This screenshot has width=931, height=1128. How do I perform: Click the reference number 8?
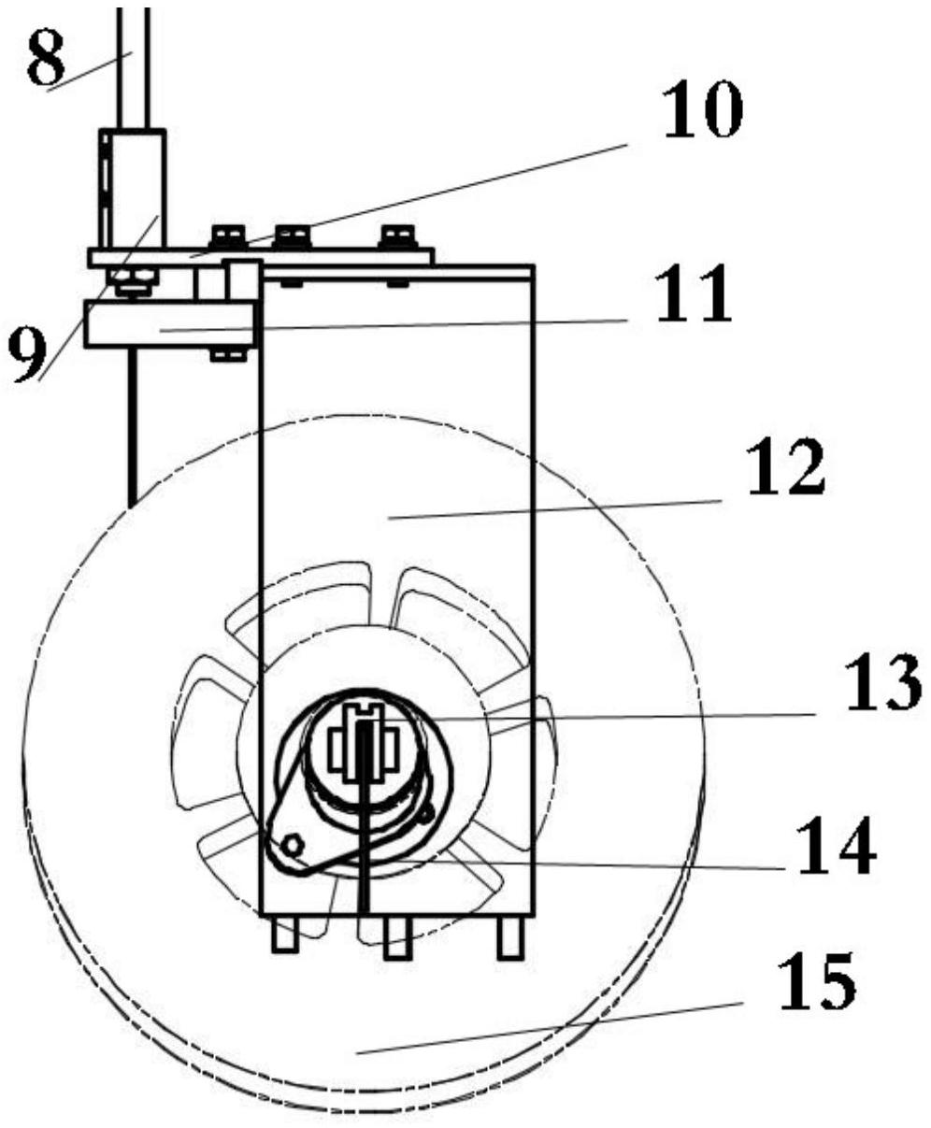46,58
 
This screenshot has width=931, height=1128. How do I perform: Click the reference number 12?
787,465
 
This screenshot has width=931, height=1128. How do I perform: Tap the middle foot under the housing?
397,938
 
